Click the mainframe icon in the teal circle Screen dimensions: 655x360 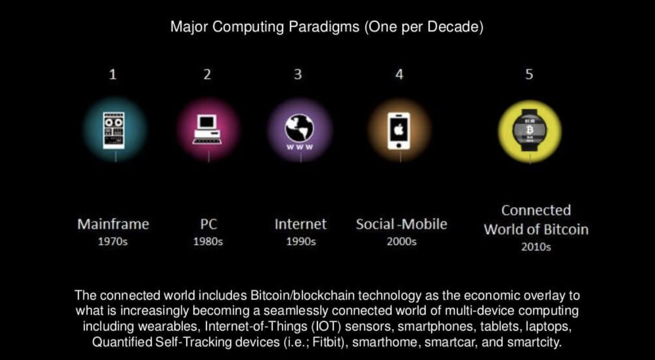[x=114, y=130]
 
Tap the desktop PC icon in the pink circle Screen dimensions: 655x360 [x=207, y=129]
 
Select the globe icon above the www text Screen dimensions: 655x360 [x=299, y=128]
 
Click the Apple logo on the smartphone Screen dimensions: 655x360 [x=399, y=129]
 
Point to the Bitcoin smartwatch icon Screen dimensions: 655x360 [x=530, y=130]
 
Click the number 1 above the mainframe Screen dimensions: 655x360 [x=113, y=74]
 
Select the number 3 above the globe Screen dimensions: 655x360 [x=298, y=74]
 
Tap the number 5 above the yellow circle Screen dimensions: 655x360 [x=529, y=74]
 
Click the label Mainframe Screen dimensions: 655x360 [x=113, y=224]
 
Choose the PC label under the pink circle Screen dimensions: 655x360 [x=208, y=224]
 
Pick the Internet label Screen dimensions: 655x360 [x=300, y=224]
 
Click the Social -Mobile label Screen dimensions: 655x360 [x=402, y=224]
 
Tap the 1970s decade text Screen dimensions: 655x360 [x=113, y=241]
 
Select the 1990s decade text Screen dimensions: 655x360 [x=301, y=241]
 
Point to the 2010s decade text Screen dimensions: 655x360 [x=536, y=247]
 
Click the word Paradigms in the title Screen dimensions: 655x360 [x=324, y=27]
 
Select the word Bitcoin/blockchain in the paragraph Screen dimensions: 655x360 [x=302, y=296]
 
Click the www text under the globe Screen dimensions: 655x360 [x=300, y=147]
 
